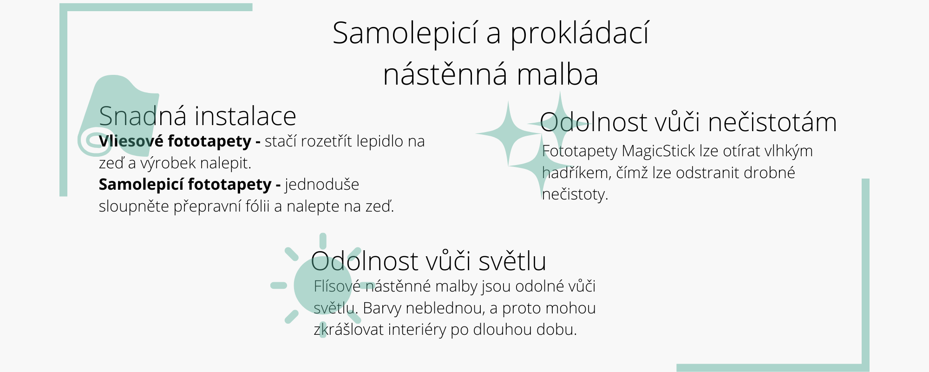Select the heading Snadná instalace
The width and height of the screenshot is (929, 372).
[197, 116]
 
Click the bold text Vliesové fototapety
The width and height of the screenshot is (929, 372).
[175, 141]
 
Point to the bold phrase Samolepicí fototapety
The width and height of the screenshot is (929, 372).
[185, 185]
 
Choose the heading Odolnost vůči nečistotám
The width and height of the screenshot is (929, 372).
[688, 122]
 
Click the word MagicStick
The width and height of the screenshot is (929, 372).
[658, 151]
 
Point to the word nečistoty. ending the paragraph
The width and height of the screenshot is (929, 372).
[575, 194]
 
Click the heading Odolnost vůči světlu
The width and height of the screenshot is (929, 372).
[428, 261]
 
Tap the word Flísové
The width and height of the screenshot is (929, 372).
[337, 286]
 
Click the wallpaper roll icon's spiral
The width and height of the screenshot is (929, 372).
[94, 141]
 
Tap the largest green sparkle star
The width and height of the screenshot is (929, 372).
[508, 133]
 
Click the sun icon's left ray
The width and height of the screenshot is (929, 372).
[279, 286]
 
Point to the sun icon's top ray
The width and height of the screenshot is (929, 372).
[323, 241]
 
